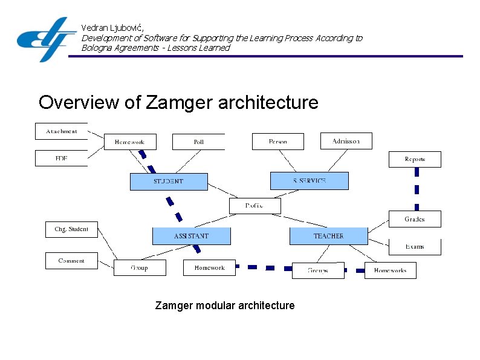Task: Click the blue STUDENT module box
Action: tap(169, 182)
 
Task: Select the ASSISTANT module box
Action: tap(191, 236)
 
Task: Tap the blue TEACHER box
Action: tap(328, 236)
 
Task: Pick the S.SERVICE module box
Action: tap(309, 181)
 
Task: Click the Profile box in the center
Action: tap(255, 206)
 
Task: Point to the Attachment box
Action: tap(62, 131)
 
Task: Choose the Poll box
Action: tap(198, 142)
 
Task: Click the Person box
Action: tap(278, 142)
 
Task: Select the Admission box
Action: tap(346, 141)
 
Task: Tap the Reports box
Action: tap(414, 159)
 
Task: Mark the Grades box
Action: tap(414, 219)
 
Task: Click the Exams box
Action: tap(414, 247)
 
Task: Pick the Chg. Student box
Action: tap(71, 229)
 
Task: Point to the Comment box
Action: tap(71, 261)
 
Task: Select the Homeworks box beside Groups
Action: tap(390, 270)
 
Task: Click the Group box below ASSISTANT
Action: tap(139, 267)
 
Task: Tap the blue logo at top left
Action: tap(46, 39)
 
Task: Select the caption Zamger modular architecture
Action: tap(225, 306)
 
